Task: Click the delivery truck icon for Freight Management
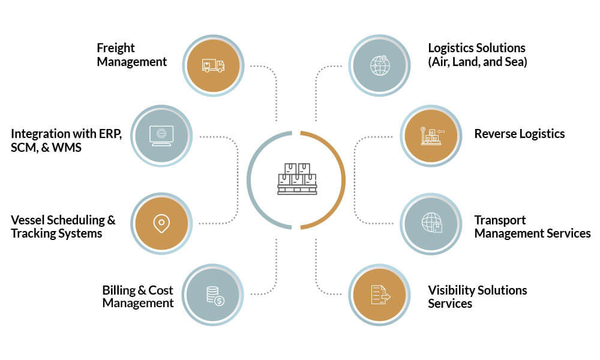pyautogui.click(x=213, y=65)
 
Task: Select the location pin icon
pyautogui.click(x=160, y=224)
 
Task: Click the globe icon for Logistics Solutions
pyautogui.click(x=380, y=65)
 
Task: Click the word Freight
pyautogui.click(x=116, y=48)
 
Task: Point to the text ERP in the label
pyautogui.click(x=109, y=133)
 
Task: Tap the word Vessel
pyautogui.click(x=29, y=220)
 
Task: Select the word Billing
pyautogui.click(x=119, y=290)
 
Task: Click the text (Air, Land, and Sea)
pyautogui.click(x=478, y=61)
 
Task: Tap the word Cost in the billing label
pyautogui.click(x=161, y=290)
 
